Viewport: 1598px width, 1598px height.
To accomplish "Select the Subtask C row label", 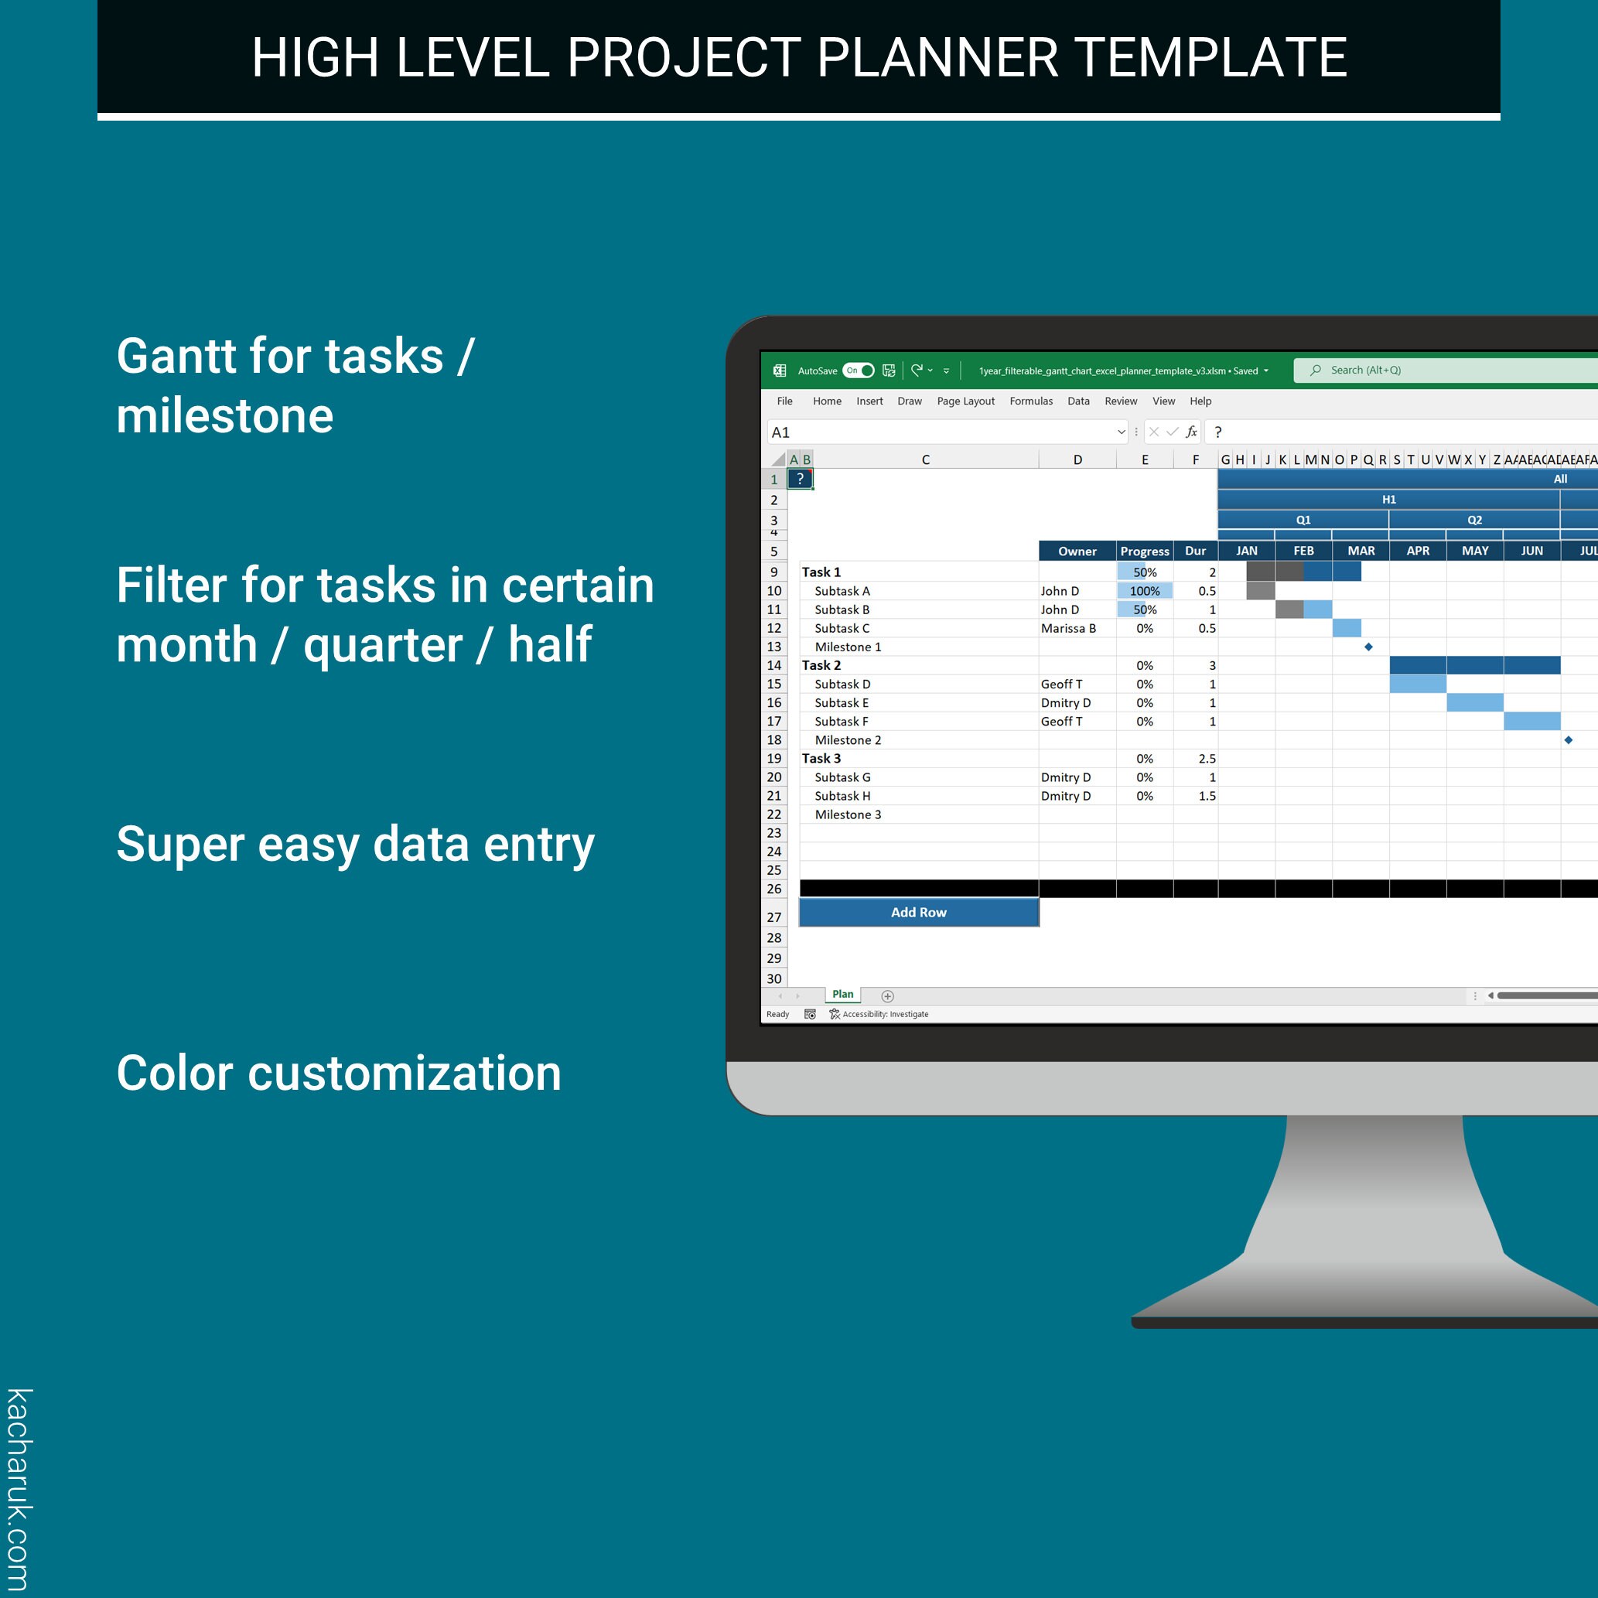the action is point(842,629).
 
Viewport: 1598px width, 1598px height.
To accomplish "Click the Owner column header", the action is point(1077,551).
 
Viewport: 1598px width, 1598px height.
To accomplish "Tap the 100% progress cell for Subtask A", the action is point(1145,591).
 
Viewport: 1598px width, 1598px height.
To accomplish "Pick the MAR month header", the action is point(1361,551).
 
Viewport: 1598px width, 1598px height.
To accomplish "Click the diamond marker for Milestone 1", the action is point(1369,647).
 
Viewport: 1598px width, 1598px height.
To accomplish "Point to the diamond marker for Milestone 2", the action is point(1569,740).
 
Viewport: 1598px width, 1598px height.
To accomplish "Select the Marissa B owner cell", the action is point(1068,629).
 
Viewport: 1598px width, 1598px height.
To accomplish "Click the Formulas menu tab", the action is point(1030,401).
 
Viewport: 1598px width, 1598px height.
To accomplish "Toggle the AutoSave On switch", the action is point(859,370).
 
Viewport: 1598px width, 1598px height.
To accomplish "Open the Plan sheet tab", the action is point(843,994).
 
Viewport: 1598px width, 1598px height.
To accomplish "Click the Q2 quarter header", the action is point(1474,521).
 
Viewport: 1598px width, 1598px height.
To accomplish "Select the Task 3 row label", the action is point(821,759).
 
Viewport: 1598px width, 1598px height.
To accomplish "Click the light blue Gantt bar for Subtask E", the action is point(1475,703).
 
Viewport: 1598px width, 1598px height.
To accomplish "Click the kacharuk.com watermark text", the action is point(19,1489).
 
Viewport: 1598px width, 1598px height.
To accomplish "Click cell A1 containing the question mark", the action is point(800,479).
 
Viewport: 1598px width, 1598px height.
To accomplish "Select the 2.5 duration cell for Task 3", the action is point(1207,759).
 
